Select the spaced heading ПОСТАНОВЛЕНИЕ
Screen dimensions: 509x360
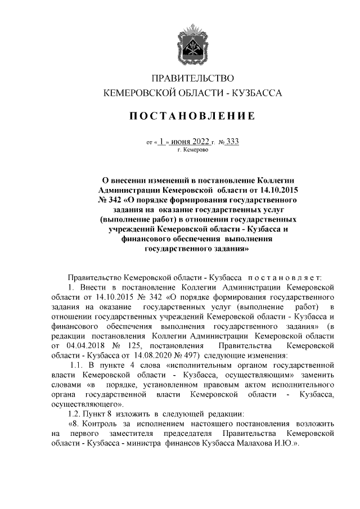pos(193,116)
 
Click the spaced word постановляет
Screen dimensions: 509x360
pos(284,277)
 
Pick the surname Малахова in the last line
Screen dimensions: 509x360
pos(264,443)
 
